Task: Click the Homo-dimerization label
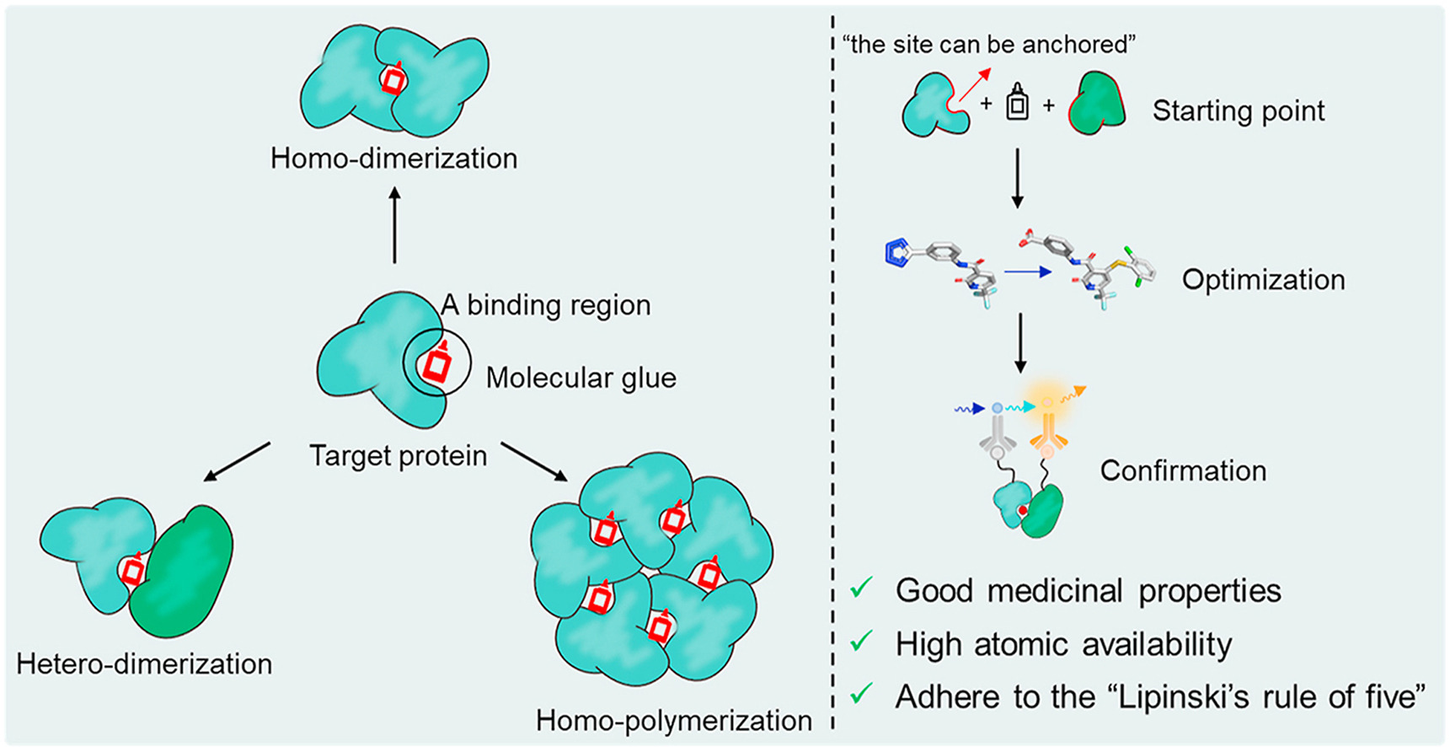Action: point(393,159)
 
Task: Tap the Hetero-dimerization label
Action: point(144,664)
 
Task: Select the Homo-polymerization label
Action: point(674,721)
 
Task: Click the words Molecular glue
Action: point(581,378)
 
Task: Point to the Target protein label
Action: point(399,456)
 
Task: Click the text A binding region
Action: point(546,305)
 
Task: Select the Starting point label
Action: point(1239,110)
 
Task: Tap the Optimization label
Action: point(1263,280)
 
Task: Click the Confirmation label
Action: point(1183,470)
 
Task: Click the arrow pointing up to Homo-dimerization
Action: point(394,225)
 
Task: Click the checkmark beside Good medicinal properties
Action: point(861,588)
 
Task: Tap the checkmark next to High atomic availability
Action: point(861,642)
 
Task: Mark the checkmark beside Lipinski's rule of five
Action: point(861,694)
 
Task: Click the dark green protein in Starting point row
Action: point(1098,105)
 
